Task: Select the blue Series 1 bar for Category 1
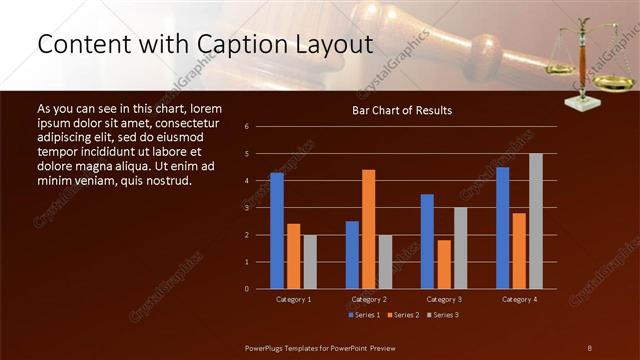point(277,230)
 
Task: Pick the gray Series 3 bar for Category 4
point(536,220)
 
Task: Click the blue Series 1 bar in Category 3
point(427,241)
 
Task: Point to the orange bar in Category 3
point(444,264)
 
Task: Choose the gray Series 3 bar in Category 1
point(310,261)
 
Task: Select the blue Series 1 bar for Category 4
point(503,227)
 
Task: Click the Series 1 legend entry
point(361,314)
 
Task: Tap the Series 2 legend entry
point(402,314)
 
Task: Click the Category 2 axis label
point(369,299)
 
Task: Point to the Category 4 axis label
point(519,299)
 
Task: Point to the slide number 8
point(589,346)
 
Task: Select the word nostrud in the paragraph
point(162,181)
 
